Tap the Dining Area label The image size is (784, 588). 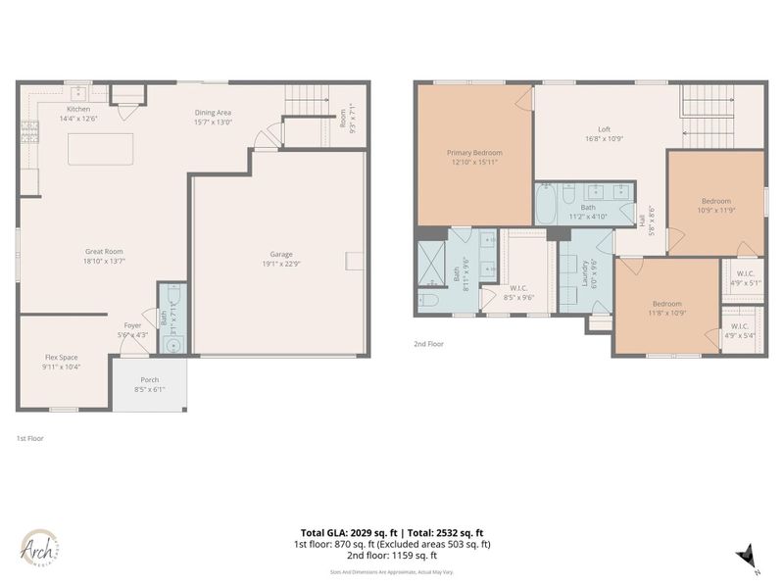point(213,113)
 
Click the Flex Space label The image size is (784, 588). point(61,358)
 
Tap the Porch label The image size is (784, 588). point(149,380)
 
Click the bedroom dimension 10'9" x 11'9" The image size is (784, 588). point(715,211)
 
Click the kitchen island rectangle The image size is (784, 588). point(100,149)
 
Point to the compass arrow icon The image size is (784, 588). point(747,556)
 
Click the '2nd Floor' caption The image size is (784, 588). point(429,344)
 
